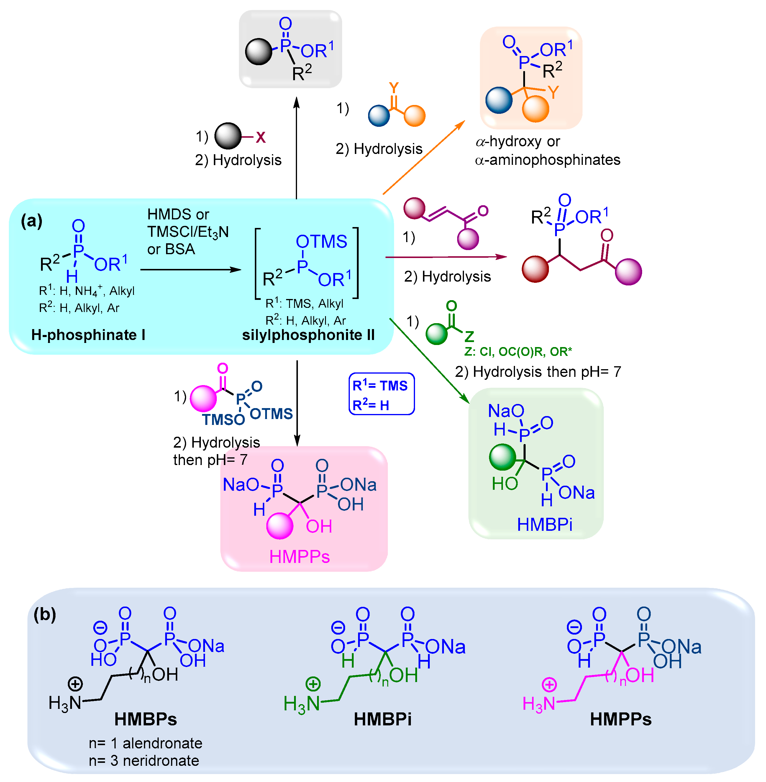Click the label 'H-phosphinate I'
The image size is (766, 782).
[x=88, y=335]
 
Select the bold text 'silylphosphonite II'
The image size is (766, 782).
[x=308, y=335]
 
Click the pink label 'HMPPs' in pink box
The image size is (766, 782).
[x=299, y=557]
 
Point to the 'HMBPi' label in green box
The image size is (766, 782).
[x=544, y=525]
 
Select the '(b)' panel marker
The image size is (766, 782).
[x=45, y=614]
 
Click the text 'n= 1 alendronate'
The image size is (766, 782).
[x=145, y=743]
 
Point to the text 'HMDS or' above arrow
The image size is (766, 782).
[x=178, y=214]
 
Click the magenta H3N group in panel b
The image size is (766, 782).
[x=539, y=704]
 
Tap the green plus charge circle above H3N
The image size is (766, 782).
[x=313, y=684]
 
